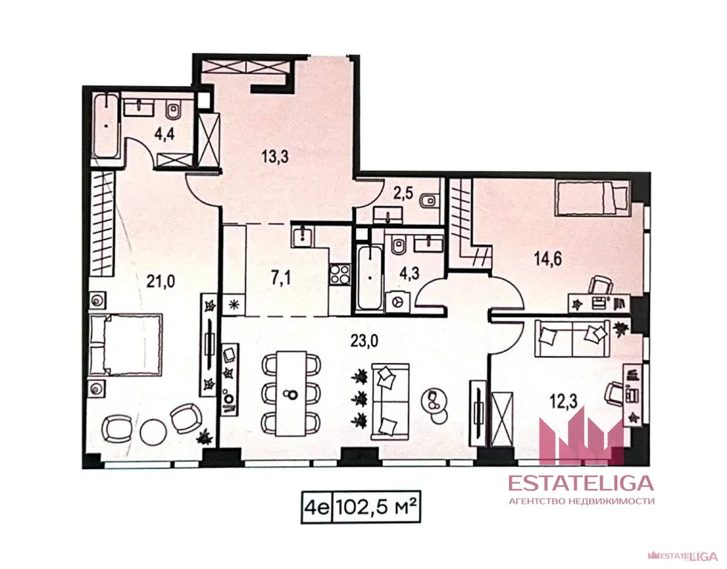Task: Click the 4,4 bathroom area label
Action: (x=164, y=136)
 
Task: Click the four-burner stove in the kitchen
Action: (x=340, y=273)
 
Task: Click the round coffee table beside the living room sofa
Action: (x=432, y=401)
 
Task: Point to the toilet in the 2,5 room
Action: (x=429, y=202)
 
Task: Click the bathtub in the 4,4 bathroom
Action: (x=108, y=125)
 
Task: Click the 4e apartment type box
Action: (x=318, y=508)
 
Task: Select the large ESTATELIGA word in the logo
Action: (x=580, y=483)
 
